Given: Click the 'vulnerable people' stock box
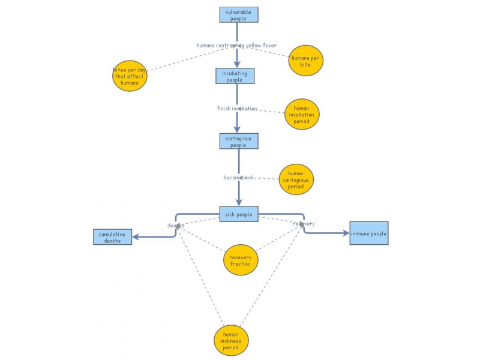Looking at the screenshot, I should [x=239, y=15].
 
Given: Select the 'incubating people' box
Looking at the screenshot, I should [x=235, y=76].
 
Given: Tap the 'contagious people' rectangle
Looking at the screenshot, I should [x=238, y=142].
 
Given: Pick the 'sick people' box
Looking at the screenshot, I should [x=238, y=214].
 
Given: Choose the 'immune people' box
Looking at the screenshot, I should [x=369, y=233].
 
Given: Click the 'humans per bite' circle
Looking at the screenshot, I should [x=306, y=61].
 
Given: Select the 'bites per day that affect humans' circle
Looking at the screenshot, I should [x=130, y=76].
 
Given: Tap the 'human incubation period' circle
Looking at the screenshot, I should [x=302, y=114].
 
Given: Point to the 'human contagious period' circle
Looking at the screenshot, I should [x=296, y=179].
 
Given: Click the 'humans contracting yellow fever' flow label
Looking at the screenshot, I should [x=236, y=46].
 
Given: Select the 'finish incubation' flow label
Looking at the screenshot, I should [x=236, y=109].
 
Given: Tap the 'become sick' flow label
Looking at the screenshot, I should [x=239, y=178].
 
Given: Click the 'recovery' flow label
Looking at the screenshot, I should [x=304, y=224].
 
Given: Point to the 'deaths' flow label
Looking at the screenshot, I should [x=175, y=226].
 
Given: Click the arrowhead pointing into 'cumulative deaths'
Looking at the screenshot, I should [x=136, y=237].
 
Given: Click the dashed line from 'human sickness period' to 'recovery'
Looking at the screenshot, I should [x=271, y=276].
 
